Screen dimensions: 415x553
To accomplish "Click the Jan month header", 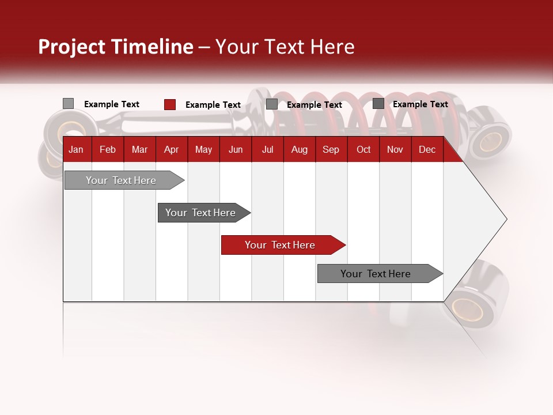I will (76, 150).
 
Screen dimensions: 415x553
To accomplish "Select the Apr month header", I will (171, 150).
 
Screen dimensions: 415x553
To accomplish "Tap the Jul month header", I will (267, 150).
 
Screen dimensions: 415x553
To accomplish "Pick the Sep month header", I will (331, 150).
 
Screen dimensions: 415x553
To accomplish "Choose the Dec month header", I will (427, 150).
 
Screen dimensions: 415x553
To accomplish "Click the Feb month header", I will (108, 150).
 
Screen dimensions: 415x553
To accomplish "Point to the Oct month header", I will (363, 150).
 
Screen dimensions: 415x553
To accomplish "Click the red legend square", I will (169, 104).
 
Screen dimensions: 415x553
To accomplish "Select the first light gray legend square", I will (68, 104).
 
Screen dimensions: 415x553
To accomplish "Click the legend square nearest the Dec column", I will (378, 104).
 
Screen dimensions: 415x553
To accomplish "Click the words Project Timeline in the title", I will (115, 47).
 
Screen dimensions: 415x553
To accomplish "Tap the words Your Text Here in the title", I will (285, 47).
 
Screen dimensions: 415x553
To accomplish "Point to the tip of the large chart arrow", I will (505, 219).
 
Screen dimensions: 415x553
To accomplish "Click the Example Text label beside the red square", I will (213, 105).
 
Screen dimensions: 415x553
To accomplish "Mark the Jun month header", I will (236, 150).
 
